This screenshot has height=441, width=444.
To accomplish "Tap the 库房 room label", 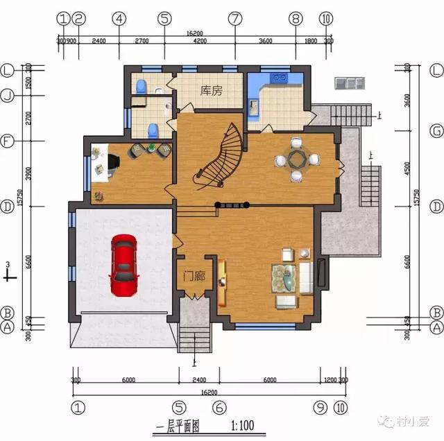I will click(210, 91).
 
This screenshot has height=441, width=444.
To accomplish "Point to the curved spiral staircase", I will click(221, 157).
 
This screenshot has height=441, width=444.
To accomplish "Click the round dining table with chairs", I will click(298, 160).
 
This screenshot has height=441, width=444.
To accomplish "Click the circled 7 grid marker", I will click(235, 19).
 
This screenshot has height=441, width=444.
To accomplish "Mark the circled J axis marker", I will click(8, 96).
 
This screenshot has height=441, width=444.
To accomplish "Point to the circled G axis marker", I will click(436, 130).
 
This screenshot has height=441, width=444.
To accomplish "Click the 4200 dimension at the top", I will click(200, 41).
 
